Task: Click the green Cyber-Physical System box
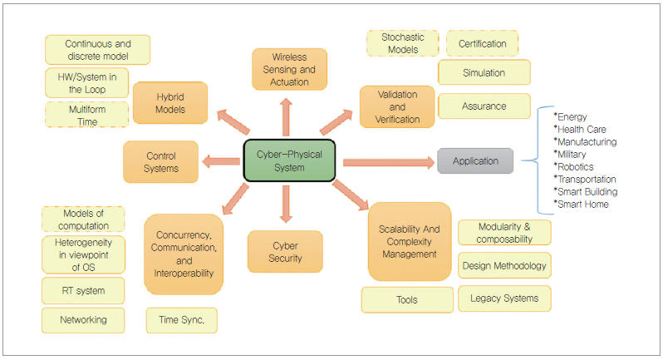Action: tap(289, 160)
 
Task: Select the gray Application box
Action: tap(475, 161)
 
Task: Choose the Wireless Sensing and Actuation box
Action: tap(289, 69)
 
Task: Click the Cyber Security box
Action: tap(285, 252)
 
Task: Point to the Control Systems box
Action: tap(160, 161)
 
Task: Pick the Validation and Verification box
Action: tap(396, 106)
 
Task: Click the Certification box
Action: tap(482, 42)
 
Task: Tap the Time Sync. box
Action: tap(181, 320)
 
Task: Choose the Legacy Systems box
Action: tap(503, 298)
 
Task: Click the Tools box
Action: tap(407, 299)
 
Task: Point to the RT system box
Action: tap(83, 291)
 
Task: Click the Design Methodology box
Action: tap(503, 266)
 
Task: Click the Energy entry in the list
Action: tap(574, 116)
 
